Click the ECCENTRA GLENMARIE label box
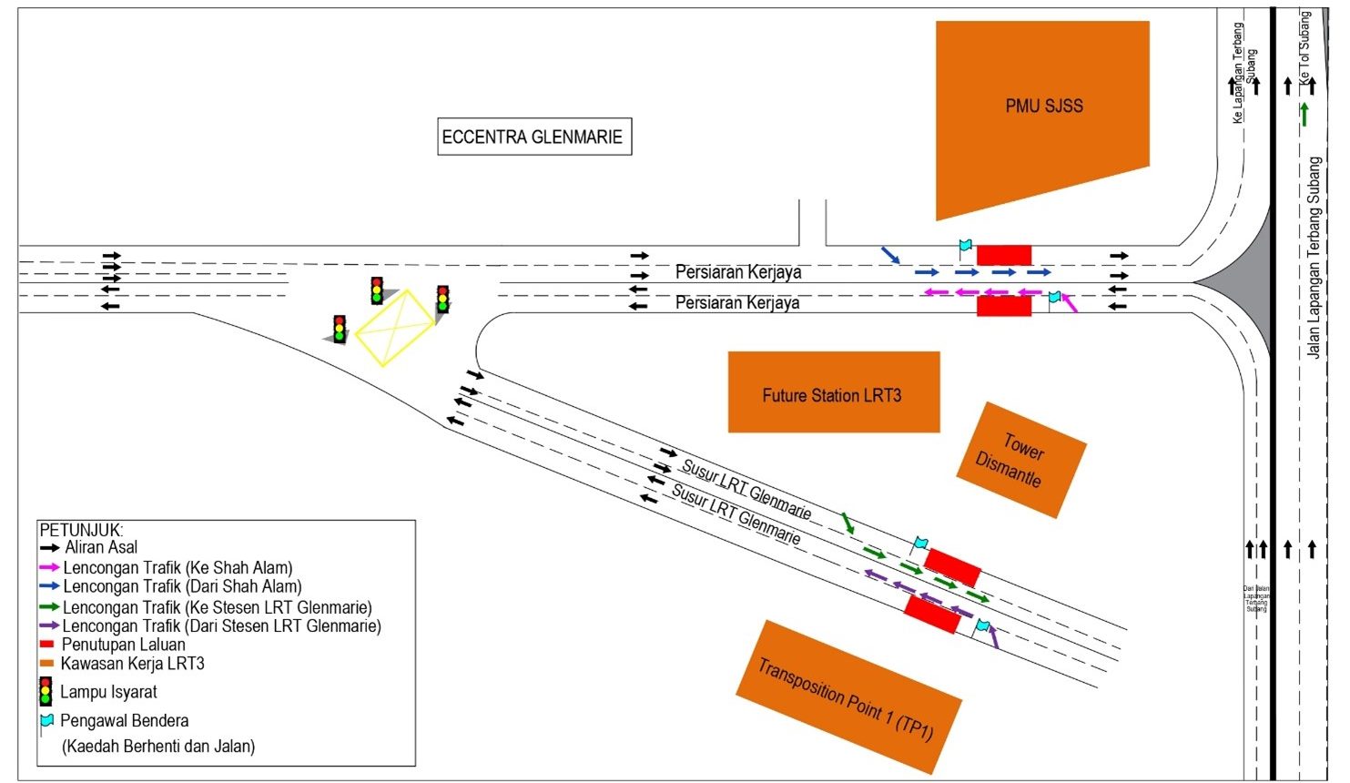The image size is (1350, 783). pos(533,137)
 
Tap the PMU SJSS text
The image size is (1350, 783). pos(1044,107)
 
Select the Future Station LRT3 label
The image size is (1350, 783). pos(832,396)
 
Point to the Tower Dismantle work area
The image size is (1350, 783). pos(1020,460)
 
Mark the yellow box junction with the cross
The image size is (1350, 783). pos(394,328)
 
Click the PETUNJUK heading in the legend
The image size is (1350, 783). pos(81,530)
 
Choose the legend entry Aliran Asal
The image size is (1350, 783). pos(101,548)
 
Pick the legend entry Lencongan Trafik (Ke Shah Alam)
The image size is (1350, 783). pos(178,568)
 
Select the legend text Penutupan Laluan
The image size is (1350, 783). pos(123,645)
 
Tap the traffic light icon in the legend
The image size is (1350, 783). pos(46,692)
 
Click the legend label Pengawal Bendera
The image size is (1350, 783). pos(125,721)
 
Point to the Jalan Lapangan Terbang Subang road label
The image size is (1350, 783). pos(1314,258)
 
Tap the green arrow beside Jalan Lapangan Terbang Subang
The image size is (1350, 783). pos(1304,115)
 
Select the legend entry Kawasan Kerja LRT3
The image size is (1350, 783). pos(132,664)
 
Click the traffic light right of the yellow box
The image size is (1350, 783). pos(443,299)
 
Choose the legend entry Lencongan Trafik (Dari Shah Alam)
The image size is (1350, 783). pos(182,587)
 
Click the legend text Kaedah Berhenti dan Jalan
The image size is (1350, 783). pos(158,747)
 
